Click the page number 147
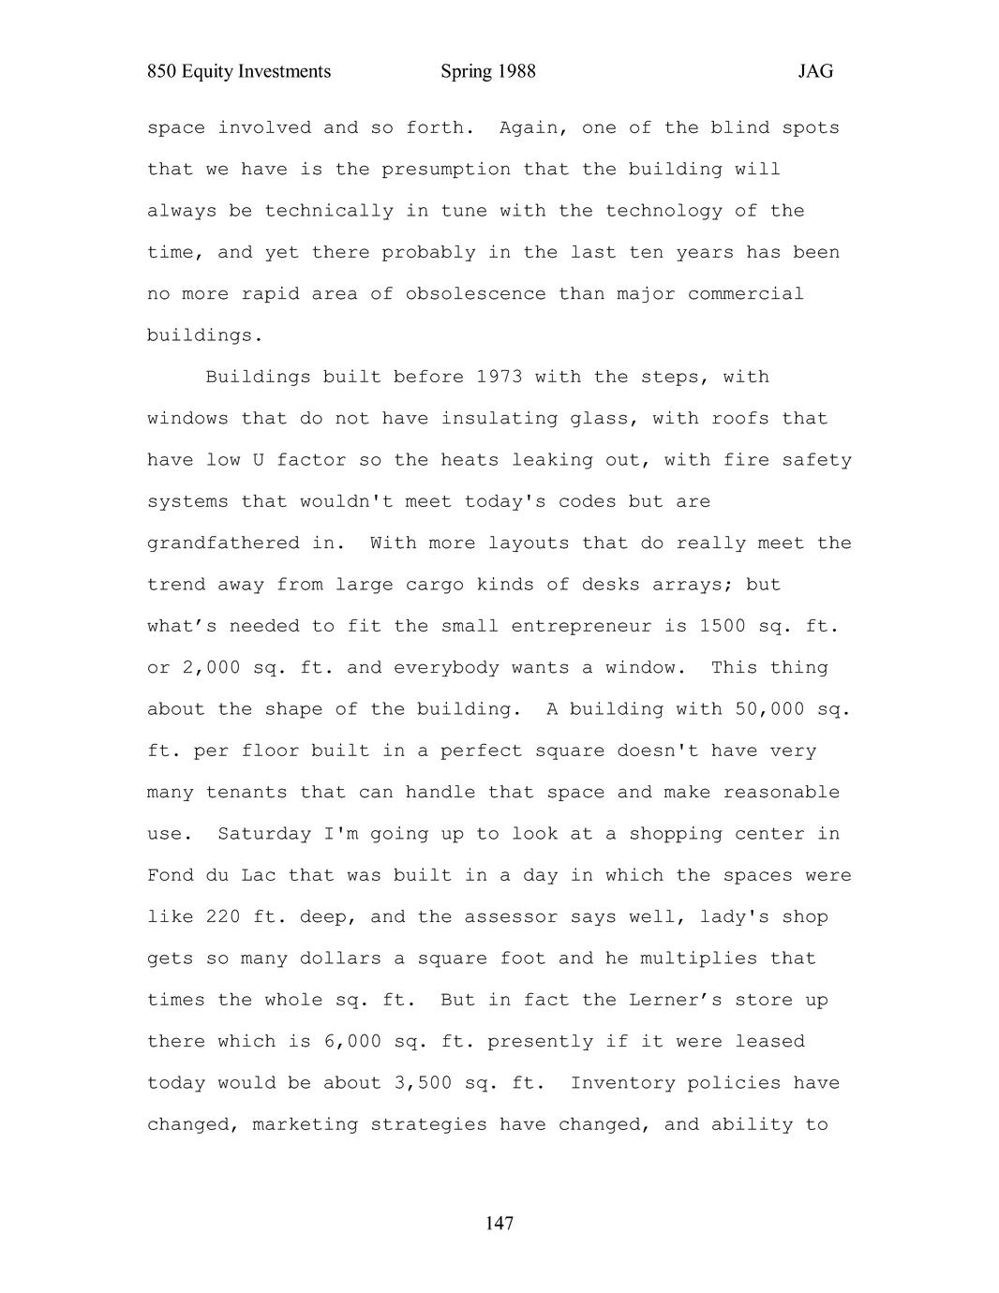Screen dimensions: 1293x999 (499, 1224)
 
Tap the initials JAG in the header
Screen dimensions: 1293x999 (815, 71)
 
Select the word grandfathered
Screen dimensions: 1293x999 (223, 542)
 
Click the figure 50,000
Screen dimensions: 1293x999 (769, 709)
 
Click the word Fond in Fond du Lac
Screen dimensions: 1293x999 (170, 875)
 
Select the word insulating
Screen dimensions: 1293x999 (499, 418)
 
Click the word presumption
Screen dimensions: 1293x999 (446, 169)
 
